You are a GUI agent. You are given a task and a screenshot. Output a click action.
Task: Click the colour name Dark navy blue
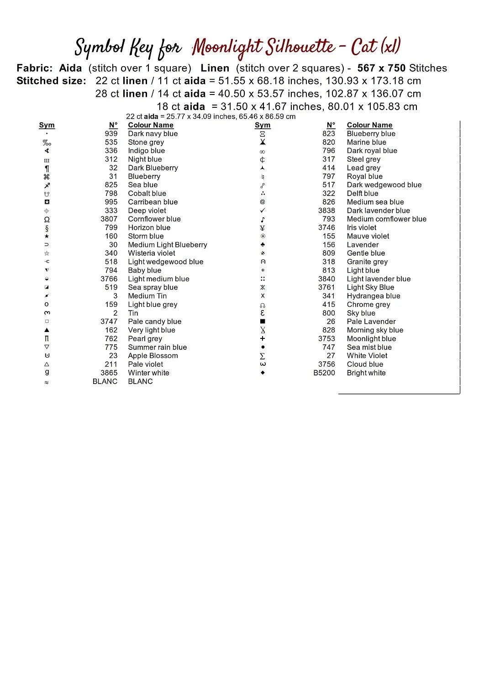pyautogui.click(x=153, y=134)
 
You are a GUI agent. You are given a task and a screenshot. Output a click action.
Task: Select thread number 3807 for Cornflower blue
pyautogui.click(x=109, y=219)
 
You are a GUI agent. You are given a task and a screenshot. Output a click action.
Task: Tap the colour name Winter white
pyautogui.click(x=148, y=373)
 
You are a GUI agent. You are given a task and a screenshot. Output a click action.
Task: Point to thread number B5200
pyautogui.click(x=324, y=373)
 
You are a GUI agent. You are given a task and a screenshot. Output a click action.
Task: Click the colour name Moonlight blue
pyautogui.click(x=371, y=339)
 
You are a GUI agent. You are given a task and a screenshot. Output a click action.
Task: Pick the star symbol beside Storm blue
pyautogui.click(x=47, y=237)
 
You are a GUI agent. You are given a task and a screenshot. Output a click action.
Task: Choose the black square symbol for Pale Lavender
pyautogui.click(x=263, y=321)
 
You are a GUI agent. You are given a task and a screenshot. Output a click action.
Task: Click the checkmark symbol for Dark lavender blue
pyautogui.click(x=263, y=211)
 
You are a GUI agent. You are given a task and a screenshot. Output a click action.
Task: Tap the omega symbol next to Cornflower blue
pyautogui.click(x=47, y=220)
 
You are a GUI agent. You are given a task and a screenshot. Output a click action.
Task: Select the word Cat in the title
pyautogui.click(x=364, y=47)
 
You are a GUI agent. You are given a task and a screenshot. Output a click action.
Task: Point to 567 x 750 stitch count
pyautogui.click(x=381, y=68)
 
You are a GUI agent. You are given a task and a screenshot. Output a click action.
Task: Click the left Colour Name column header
pyautogui.click(x=151, y=125)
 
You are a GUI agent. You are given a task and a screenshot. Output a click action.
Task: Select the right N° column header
pyautogui.click(x=331, y=125)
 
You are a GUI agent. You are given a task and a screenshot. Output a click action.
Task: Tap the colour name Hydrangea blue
pyautogui.click(x=373, y=296)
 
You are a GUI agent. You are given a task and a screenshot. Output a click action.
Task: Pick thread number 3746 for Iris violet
pyautogui.click(x=326, y=228)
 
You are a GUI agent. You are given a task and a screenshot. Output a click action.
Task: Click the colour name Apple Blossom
pyautogui.click(x=153, y=356)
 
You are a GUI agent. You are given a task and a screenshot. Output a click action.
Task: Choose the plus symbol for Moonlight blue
pyautogui.click(x=263, y=339)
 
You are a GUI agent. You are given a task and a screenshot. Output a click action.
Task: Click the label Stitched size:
pyautogui.click(x=51, y=81)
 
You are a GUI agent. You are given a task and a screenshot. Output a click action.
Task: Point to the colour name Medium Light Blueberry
pyautogui.click(x=168, y=245)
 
